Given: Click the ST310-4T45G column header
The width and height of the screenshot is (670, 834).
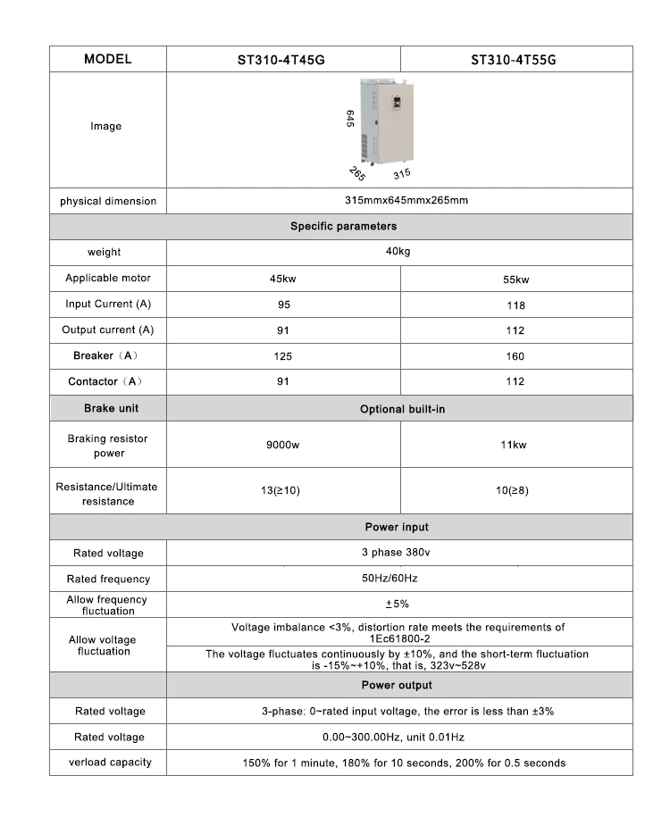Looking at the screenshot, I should pyautogui.click(x=283, y=61).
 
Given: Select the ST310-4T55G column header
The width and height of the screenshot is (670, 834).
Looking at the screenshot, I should pyautogui.click(x=516, y=61).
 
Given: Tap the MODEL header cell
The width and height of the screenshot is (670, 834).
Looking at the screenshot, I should pyautogui.click(x=107, y=59).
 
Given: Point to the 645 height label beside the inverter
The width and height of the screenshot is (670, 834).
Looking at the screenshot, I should pyautogui.click(x=351, y=120).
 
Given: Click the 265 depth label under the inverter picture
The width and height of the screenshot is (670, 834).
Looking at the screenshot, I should pyautogui.click(x=357, y=173).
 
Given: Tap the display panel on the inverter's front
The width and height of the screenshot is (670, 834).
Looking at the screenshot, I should pyautogui.click(x=395, y=101).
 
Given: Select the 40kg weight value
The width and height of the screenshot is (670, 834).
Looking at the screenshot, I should pyautogui.click(x=398, y=252).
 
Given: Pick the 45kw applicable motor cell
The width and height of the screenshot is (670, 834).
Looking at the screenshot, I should pyautogui.click(x=283, y=279).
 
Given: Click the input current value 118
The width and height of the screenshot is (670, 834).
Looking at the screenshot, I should pyautogui.click(x=516, y=305).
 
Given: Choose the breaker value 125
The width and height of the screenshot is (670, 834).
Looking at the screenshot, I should pyautogui.click(x=283, y=356).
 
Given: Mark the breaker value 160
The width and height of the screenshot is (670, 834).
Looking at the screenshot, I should pyautogui.click(x=516, y=356).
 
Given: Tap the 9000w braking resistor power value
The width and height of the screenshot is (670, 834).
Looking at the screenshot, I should pyautogui.click(x=283, y=445).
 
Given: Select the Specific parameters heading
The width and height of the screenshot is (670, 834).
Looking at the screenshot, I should pyautogui.click(x=343, y=226).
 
